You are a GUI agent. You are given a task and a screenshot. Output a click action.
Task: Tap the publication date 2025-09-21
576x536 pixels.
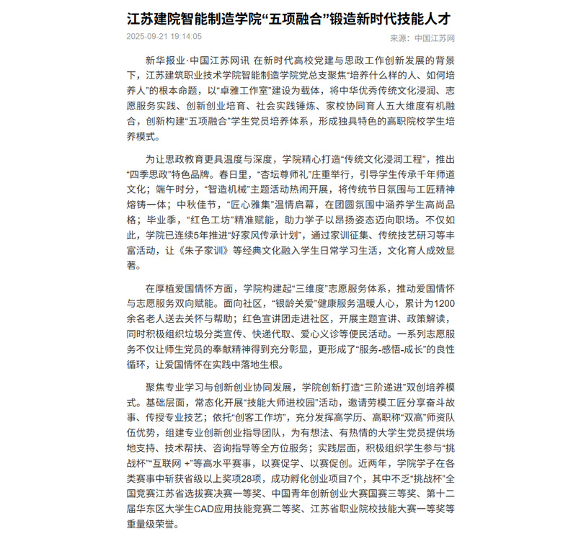(149, 36)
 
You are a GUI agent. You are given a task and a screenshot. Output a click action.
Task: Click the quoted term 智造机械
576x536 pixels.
(210, 189)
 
